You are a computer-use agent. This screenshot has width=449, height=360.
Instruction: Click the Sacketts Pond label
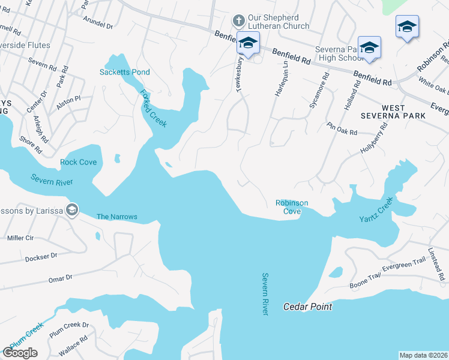[x=124, y=72]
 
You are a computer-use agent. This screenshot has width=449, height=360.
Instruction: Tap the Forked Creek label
[x=154, y=108]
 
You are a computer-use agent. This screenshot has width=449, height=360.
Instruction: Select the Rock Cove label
[x=78, y=162]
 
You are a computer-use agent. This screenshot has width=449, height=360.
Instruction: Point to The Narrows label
[x=117, y=217]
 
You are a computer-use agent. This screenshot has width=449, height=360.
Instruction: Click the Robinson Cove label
[x=292, y=207]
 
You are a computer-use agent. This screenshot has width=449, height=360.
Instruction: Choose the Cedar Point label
[x=307, y=307]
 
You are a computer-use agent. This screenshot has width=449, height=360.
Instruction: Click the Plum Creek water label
[x=26, y=335]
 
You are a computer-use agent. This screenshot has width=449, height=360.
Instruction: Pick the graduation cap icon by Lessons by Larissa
[x=72, y=209]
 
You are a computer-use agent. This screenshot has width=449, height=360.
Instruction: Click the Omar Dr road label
[x=60, y=278]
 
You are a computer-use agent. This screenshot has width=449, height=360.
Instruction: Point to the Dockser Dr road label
[x=41, y=257]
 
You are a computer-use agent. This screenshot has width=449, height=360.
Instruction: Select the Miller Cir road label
[x=20, y=238]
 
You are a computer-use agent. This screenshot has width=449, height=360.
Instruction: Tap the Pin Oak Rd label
[x=342, y=128]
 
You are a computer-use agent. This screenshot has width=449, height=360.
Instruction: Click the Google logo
[x=20, y=353]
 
